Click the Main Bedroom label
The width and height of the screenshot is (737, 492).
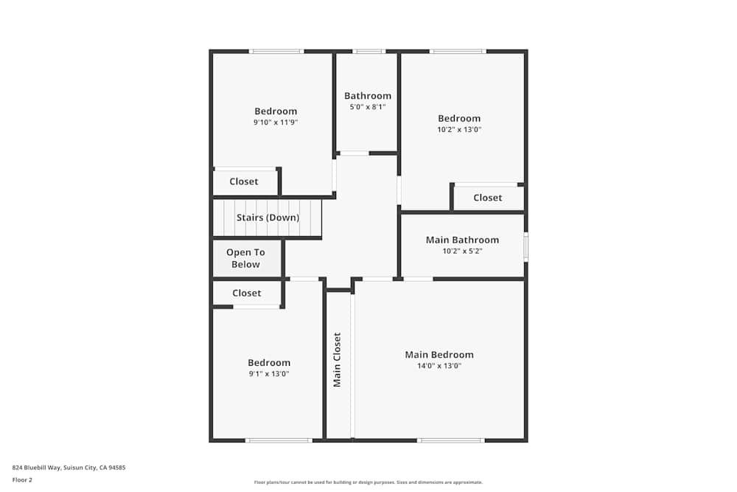439,355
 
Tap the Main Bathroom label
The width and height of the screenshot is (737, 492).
462,240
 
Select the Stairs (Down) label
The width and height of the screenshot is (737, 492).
268,218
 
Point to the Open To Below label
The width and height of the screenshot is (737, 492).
245,258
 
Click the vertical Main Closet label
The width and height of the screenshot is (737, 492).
337,360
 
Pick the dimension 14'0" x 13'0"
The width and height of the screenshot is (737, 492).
439,366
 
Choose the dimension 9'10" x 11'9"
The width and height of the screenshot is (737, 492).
276,122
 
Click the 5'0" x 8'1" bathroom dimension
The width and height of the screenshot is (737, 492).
368,107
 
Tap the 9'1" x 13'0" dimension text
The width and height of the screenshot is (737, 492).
269,374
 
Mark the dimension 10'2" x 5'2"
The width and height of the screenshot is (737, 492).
462,251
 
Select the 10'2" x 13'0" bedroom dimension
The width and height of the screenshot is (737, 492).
459,129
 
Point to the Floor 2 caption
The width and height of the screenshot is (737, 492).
22,479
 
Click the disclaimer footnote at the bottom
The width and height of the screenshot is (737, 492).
368,482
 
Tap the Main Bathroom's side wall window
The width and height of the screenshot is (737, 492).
525,246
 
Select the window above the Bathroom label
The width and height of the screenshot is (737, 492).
368,52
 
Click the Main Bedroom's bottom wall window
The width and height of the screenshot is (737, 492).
450,440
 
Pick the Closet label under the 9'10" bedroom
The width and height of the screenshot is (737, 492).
244,181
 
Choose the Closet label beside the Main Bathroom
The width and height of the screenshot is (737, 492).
487,198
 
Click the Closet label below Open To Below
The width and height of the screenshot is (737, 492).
247,293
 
